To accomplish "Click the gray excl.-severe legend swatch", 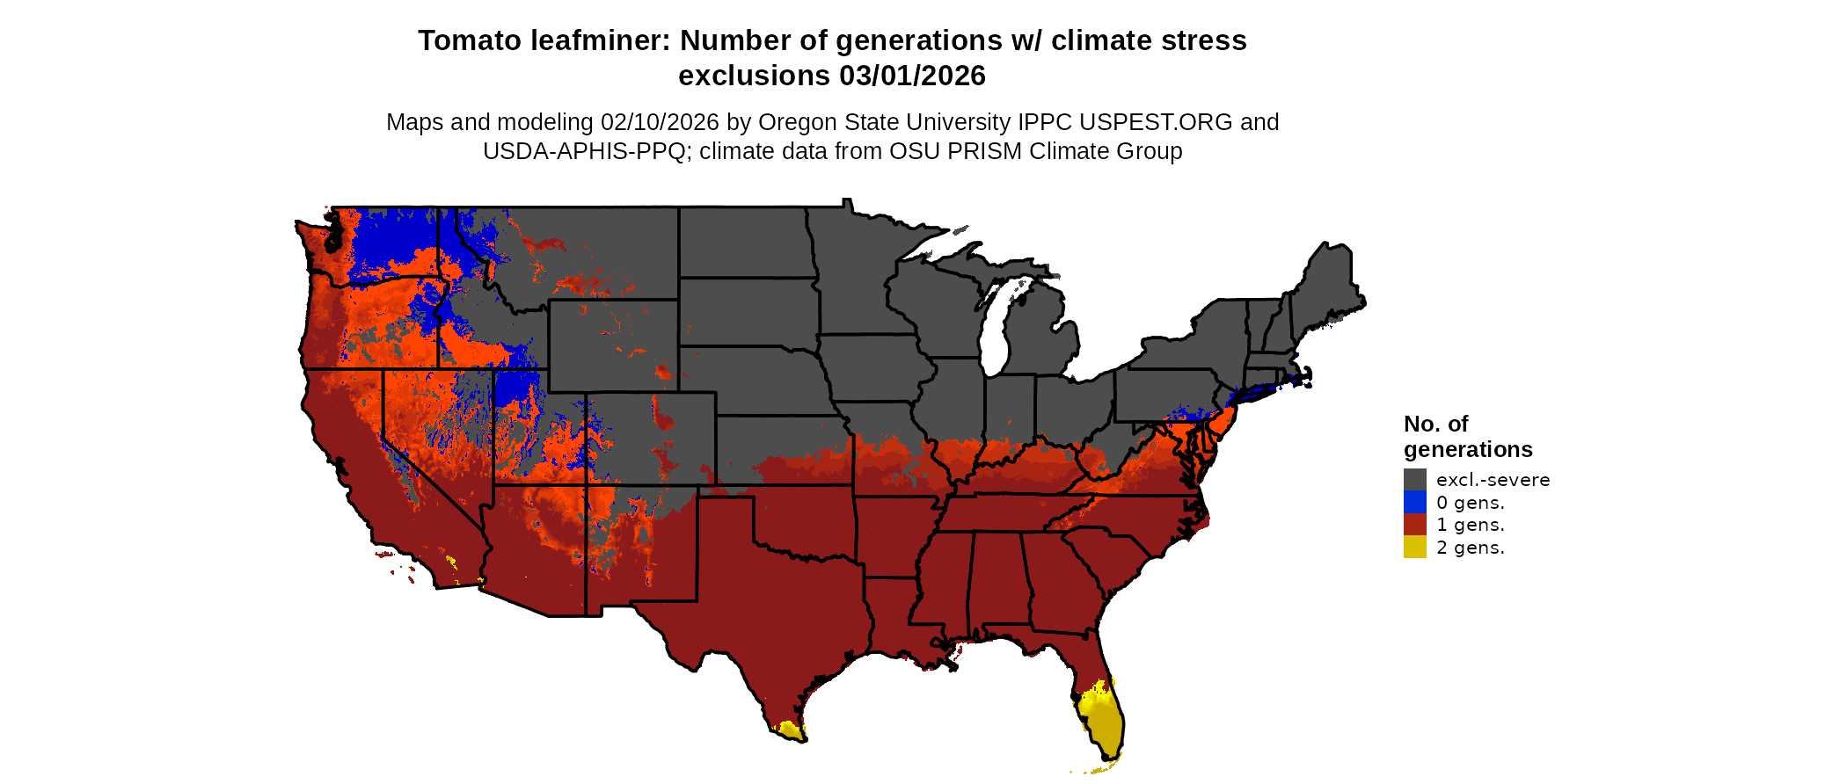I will point(1414,480).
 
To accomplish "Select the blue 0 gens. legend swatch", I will point(1414,503).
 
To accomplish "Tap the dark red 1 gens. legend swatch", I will point(1414,525).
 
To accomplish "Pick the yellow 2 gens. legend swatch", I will point(1414,548).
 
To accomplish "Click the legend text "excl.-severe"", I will point(1493,480).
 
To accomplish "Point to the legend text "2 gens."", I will point(1470,548).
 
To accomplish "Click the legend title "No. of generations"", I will point(1467,437).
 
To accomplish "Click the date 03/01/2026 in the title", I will point(912,76).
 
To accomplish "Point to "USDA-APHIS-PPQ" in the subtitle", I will point(584,151).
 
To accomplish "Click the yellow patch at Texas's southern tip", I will point(788,730).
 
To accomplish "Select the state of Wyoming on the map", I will point(613,345).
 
